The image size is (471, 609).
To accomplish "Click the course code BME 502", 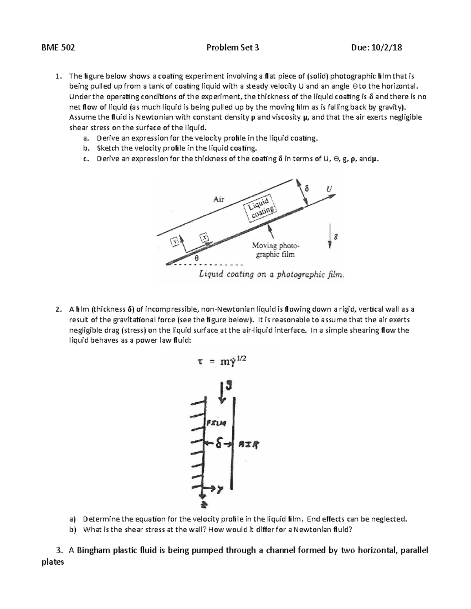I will tap(58, 48).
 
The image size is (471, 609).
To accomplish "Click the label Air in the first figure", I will tap(219, 199).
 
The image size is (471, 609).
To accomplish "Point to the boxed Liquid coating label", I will tap(260, 207).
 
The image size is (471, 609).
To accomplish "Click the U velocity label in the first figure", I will tap(329, 189).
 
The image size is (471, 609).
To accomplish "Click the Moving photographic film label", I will tap(275, 250).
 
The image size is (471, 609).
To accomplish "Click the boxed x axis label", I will tap(204, 237).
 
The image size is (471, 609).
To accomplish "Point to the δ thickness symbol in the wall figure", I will tap(219, 444).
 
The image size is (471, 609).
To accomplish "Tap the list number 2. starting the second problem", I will tap(58, 310).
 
